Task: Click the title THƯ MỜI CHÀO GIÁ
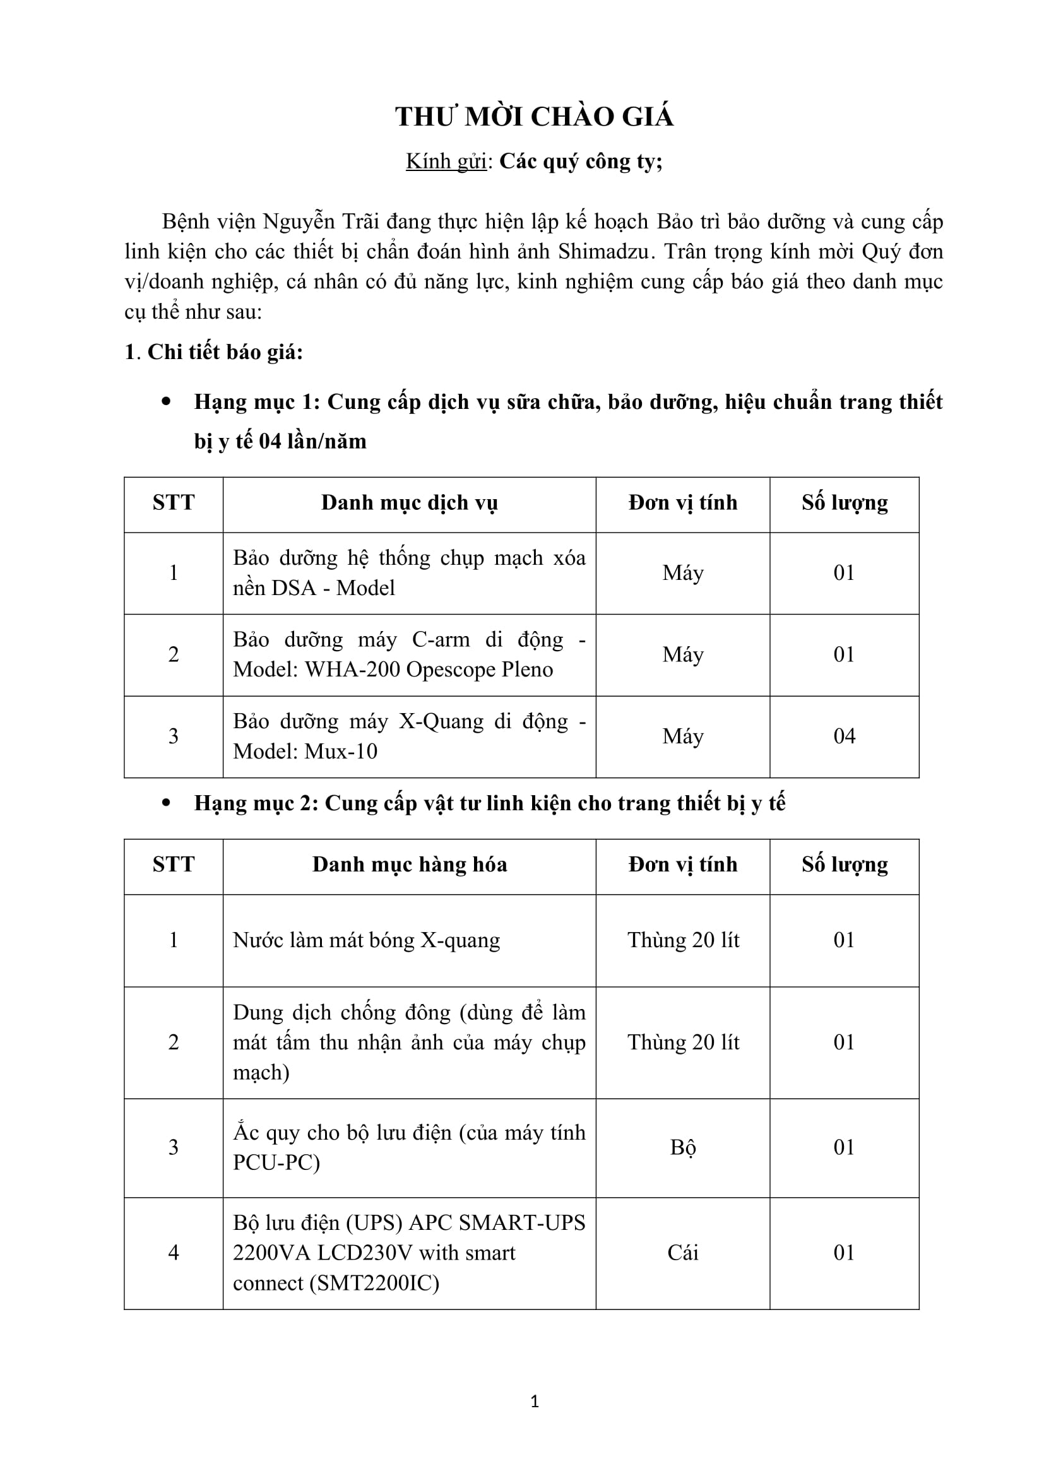click(534, 117)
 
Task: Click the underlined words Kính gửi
click(446, 162)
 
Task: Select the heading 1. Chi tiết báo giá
click(213, 352)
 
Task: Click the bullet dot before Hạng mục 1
click(167, 403)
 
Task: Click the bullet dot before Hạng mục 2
click(167, 803)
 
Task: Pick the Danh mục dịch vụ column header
click(410, 503)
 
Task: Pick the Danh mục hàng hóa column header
click(410, 865)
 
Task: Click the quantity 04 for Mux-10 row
click(844, 736)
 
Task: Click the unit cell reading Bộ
click(683, 1147)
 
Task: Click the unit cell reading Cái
click(683, 1253)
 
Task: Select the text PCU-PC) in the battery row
click(276, 1162)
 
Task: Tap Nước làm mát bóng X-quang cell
click(367, 940)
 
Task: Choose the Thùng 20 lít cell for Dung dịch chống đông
click(684, 1042)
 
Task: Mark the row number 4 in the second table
click(174, 1253)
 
